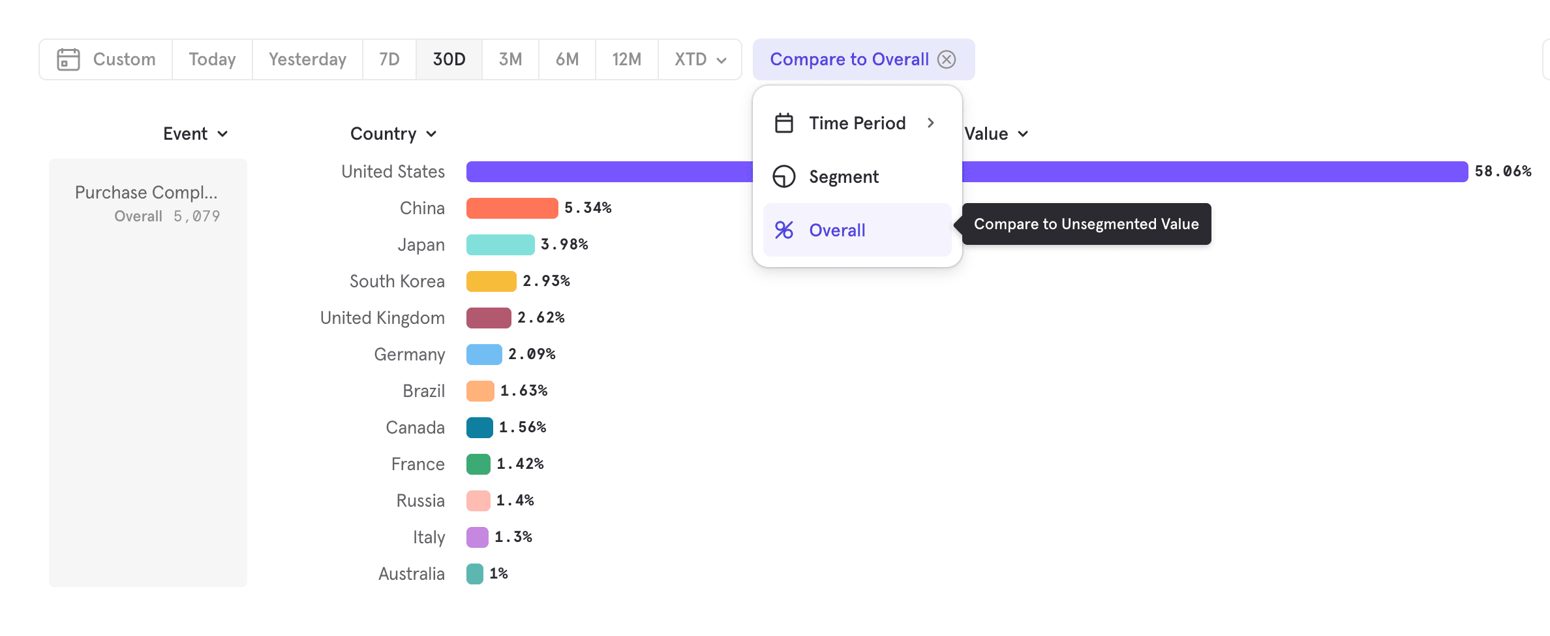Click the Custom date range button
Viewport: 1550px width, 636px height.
tap(106, 59)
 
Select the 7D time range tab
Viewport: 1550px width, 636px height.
tap(389, 59)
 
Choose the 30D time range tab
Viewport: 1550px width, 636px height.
tap(449, 59)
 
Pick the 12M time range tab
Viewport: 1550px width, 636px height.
tap(626, 59)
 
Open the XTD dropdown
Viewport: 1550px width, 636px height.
tap(700, 59)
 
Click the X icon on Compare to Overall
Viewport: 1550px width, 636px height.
tap(947, 59)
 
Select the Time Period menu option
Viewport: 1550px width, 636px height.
tap(857, 123)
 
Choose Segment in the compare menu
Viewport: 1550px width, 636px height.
tap(843, 177)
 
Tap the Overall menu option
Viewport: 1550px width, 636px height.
tap(837, 231)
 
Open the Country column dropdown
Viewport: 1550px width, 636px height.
tap(393, 134)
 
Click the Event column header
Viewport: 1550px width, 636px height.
tap(195, 134)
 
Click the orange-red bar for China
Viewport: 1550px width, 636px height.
tap(512, 208)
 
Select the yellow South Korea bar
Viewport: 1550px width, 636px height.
tap(491, 281)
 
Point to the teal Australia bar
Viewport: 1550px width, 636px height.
tap(475, 574)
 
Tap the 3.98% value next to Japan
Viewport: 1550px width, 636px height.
tap(564, 245)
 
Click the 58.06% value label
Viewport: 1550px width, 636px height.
tap(1503, 172)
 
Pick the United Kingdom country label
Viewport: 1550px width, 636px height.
tap(382, 318)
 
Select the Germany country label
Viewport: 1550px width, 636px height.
tap(409, 355)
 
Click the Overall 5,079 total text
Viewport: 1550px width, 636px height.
tap(167, 216)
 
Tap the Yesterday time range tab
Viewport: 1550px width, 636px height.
tap(307, 59)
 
